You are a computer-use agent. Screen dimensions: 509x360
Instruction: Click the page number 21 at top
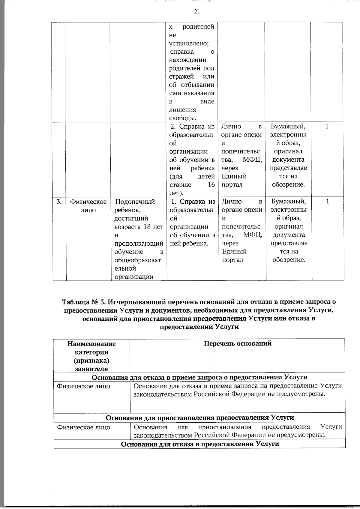197,11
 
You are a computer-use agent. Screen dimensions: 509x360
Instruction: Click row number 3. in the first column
59,202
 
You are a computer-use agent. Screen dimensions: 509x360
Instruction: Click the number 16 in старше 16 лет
211,184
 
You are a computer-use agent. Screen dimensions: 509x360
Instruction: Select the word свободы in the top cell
183,118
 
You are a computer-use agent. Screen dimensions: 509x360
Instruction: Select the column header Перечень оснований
238,343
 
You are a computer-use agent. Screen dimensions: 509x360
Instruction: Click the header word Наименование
91,344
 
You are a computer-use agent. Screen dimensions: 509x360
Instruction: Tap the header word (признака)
91,361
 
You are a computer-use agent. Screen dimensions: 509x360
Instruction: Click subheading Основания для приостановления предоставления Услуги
200,418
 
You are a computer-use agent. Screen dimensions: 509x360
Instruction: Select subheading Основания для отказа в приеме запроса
168,377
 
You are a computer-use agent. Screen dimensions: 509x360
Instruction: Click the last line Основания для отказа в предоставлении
200,444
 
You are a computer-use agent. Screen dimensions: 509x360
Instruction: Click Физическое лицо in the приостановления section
83,427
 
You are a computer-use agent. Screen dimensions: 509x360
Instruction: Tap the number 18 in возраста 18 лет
147,227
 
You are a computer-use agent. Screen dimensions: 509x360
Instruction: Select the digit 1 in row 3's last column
327,201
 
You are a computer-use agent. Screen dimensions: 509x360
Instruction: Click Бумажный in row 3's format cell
288,201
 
